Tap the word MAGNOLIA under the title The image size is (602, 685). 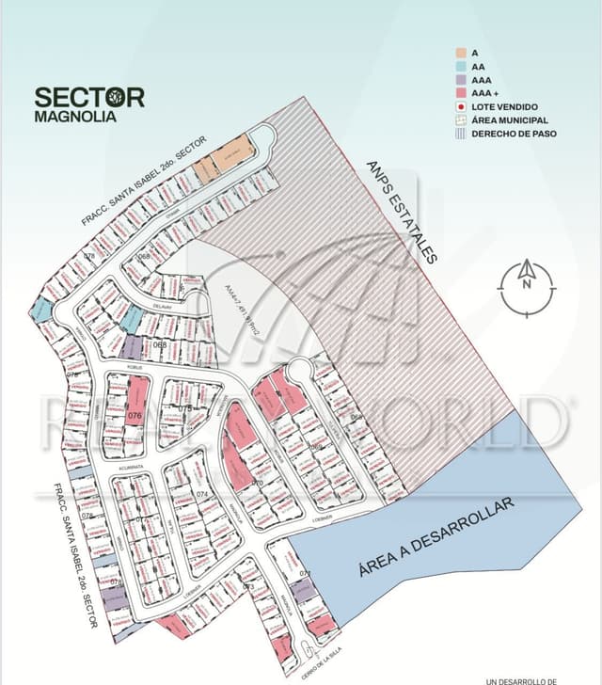(x=75, y=118)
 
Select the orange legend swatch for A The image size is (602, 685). (x=462, y=54)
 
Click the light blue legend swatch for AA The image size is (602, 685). (x=462, y=67)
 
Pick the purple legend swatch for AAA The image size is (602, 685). (x=462, y=81)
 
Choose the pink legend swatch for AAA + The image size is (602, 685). (x=462, y=94)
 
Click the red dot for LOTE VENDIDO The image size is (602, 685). (x=462, y=107)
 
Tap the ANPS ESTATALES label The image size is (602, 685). (x=402, y=212)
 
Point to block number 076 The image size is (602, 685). (x=134, y=415)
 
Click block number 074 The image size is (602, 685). (x=202, y=494)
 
